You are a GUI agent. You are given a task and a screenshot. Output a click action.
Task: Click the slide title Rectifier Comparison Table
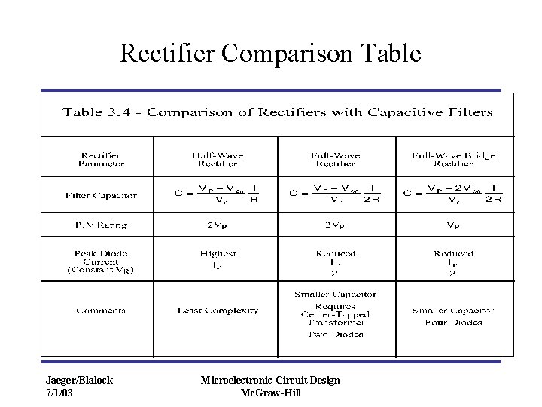click(271, 54)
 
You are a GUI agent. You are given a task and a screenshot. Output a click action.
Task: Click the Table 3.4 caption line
click(277, 112)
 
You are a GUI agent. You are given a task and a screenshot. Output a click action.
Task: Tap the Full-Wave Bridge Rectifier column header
click(453, 159)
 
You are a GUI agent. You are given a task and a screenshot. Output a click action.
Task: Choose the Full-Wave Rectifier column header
click(335, 159)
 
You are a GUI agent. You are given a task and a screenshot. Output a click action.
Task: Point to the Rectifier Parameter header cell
click(100, 159)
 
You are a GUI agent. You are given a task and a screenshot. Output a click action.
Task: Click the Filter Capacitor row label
click(101, 195)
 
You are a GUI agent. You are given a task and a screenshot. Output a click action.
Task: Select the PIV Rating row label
click(101, 225)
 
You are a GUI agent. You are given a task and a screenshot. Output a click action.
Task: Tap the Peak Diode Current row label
click(101, 262)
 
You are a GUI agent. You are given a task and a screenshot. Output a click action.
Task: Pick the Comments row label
click(101, 310)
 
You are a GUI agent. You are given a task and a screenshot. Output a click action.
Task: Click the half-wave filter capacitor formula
click(217, 194)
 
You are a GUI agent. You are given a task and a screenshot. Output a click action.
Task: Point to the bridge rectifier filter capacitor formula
click(453, 194)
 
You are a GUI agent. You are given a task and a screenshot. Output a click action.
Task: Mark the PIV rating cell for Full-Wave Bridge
click(453, 225)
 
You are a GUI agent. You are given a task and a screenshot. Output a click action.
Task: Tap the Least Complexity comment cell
click(218, 310)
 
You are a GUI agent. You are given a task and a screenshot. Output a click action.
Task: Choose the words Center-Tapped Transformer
click(335, 319)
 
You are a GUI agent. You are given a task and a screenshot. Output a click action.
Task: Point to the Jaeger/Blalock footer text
click(79, 381)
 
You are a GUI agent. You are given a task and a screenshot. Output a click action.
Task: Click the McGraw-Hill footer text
click(270, 393)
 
